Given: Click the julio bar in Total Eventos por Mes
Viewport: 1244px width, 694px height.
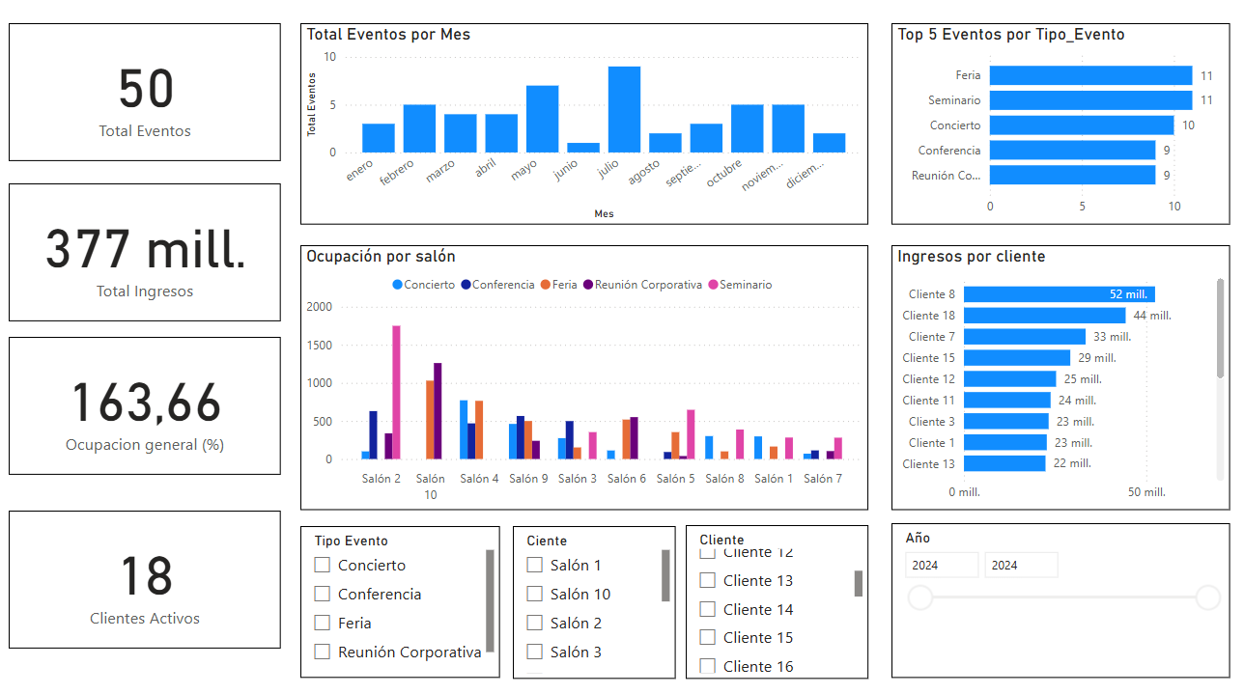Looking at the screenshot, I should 624,109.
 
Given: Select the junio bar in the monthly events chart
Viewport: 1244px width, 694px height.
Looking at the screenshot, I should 583,148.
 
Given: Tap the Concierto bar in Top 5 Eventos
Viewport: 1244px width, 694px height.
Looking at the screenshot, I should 1081,125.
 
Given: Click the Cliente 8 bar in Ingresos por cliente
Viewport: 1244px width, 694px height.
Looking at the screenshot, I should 1059,294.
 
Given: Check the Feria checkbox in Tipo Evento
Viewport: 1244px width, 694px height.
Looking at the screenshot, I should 323,624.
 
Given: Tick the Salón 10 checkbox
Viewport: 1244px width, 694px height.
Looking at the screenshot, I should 534,595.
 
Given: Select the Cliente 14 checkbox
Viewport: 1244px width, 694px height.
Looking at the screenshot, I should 708,609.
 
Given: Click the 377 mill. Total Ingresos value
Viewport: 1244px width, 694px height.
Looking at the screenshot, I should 145,250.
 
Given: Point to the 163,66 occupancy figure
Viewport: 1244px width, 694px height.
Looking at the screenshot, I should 145,403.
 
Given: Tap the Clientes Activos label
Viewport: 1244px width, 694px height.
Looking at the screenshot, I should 145,619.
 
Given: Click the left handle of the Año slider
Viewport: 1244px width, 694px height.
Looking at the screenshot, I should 920,597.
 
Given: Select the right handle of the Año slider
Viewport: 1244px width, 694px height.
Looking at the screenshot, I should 1208,597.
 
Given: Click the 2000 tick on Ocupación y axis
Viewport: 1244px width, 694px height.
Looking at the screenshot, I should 319,307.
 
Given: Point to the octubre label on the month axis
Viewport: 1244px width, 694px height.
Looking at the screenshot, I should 724,173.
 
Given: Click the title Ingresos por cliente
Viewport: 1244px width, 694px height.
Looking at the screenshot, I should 971,257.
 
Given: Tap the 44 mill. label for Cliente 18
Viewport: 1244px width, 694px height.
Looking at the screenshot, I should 1152,316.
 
